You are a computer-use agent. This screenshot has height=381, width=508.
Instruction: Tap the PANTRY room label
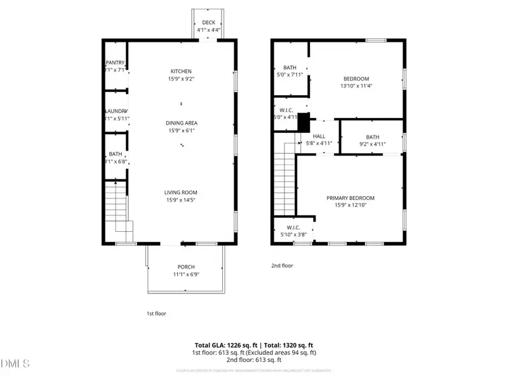coord(116,62)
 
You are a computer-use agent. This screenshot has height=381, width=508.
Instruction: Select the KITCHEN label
coord(181,71)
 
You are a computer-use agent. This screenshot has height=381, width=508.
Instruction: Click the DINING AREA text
coord(182,123)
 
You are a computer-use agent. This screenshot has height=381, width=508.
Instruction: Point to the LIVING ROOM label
coord(181,192)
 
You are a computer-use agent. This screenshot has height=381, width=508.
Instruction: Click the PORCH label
coord(186,267)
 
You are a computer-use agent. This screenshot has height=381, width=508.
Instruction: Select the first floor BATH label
coord(116,154)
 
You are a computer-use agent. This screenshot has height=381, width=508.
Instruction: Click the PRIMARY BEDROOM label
coord(351,197)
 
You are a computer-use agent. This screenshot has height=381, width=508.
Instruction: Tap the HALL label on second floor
coord(319,135)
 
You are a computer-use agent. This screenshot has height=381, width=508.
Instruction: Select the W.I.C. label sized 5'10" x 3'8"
coord(293,227)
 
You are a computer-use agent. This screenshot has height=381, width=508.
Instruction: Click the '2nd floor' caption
coord(283,266)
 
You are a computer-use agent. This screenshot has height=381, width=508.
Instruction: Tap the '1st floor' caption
coord(156,313)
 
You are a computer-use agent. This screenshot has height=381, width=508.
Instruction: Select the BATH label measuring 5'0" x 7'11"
coord(290,67)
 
